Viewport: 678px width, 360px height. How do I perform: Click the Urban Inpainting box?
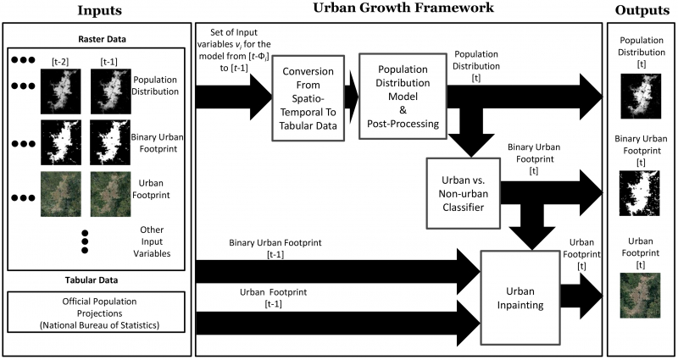click(520, 298)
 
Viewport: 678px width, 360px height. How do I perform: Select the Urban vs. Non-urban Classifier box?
click(463, 193)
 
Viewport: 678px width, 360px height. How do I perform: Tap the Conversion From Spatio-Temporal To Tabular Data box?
click(308, 98)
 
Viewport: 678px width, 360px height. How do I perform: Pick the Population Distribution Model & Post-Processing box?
click(403, 96)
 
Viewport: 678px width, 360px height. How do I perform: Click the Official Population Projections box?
click(96, 313)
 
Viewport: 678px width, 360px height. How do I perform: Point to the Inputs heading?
click(100, 10)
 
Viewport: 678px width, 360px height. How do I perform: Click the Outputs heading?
click(642, 10)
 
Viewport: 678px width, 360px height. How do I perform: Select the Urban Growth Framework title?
click(403, 8)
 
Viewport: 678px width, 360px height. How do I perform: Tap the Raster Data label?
click(102, 39)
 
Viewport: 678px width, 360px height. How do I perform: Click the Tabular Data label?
click(92, 280)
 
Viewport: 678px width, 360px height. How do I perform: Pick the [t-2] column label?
click(60, 62)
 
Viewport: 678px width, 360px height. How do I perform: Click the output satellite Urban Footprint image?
click(641, 296)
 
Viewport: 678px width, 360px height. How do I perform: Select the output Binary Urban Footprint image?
click(640, 193)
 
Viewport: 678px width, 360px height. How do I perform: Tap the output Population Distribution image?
click(641, 96)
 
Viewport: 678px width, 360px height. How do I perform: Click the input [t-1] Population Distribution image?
click(111, 91)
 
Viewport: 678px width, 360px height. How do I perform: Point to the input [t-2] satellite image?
click(60, 194)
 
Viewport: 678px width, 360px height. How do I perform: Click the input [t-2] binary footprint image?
click(60, 142)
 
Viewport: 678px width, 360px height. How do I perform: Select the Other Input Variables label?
click(152, 241)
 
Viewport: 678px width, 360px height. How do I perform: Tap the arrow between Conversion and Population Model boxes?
click(352, 97)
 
